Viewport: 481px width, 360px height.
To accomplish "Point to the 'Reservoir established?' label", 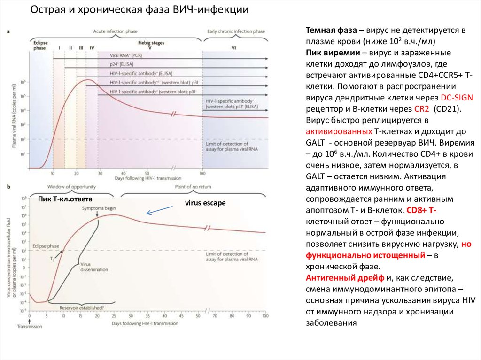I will pos(82,308).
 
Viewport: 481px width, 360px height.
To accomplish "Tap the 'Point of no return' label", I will pos(190,187).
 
